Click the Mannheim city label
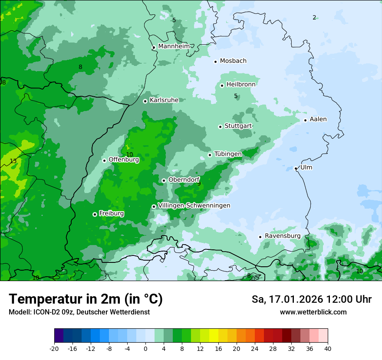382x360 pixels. [x=174, y=46]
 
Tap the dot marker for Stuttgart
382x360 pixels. [x=220, y=127]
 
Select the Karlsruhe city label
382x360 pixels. [x=164, y=100]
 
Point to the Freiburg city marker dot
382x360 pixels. [x=95, y=214]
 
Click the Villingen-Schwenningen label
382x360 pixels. [x=194, y=206]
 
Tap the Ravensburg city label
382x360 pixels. [x=282, y=236]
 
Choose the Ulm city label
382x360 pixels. [x=306, y=167]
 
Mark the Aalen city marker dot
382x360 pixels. [x=305, y=120]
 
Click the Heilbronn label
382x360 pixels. [x=241, y=85]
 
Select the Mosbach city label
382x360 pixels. [x=233, y=61]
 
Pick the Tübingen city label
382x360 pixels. [x=228, y=154]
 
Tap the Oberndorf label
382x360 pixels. [x=184, y=180]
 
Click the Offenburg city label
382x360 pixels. [x=124, y=160]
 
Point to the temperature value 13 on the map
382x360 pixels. [x=13, y=161]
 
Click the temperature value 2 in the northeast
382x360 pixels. [x=314, y=17]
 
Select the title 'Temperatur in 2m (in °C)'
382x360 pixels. [x=86, y=299]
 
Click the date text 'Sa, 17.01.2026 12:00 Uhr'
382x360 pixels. [x=311, y=299]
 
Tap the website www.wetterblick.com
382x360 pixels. [x=313, y=312]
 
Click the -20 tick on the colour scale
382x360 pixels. [x=54, y=348]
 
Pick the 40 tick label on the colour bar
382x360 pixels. [x=327, y=348]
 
